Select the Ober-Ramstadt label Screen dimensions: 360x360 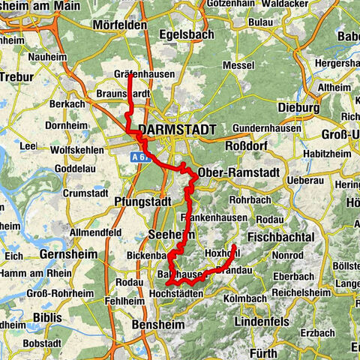pyautogui.click(x=237, y=172)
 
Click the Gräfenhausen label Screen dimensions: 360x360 pyautogui.click(x=146, y=74)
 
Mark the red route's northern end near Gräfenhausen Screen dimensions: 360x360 pyautogui.click(x=130, y=75)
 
